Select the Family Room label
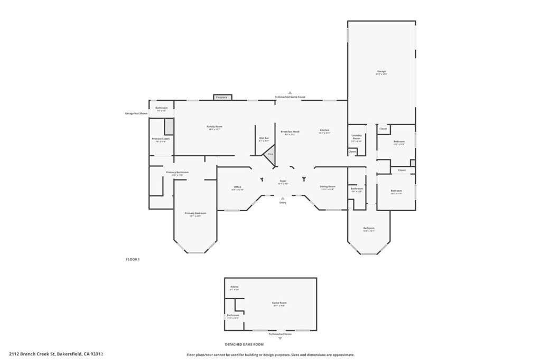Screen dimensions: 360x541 (214, 127)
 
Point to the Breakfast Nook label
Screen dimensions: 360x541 (290, 132)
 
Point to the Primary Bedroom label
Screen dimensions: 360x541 (195, 214)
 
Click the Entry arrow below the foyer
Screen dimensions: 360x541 (283, 198)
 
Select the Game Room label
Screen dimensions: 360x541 (278, 304)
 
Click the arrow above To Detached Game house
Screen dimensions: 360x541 (290, 92)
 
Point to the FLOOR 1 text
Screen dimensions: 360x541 (133, 259)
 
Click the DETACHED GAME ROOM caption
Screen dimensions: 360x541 (244, 344)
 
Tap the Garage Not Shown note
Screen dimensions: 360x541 (136, 113)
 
